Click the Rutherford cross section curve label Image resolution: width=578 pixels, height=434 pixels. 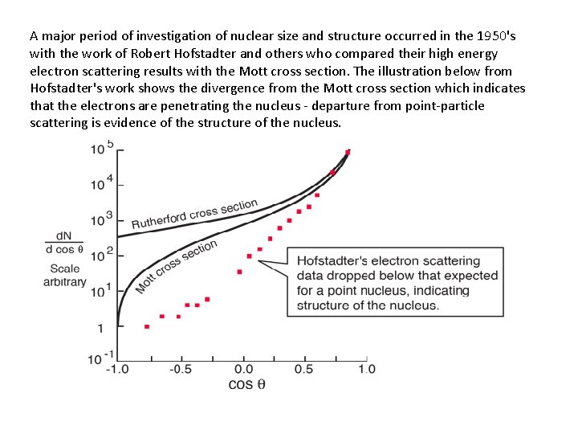click(x=194, y=214)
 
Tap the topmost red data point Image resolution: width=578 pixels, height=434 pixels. click(x=348, y=152)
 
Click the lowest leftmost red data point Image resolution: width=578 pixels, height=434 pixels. click(x=146, y=326)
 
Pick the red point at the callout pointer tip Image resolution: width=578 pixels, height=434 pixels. click(x=249, y=256)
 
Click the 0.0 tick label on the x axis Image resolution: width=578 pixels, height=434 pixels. click(x=241, y=370)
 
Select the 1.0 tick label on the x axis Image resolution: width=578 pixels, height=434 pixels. click(x=367, y=370)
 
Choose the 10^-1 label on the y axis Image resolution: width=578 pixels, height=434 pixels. click(x=100, y=358)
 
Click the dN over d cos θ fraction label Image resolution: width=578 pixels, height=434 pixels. click(x=65, y=242)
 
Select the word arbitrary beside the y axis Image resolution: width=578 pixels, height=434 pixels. click(x=63, y=282)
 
